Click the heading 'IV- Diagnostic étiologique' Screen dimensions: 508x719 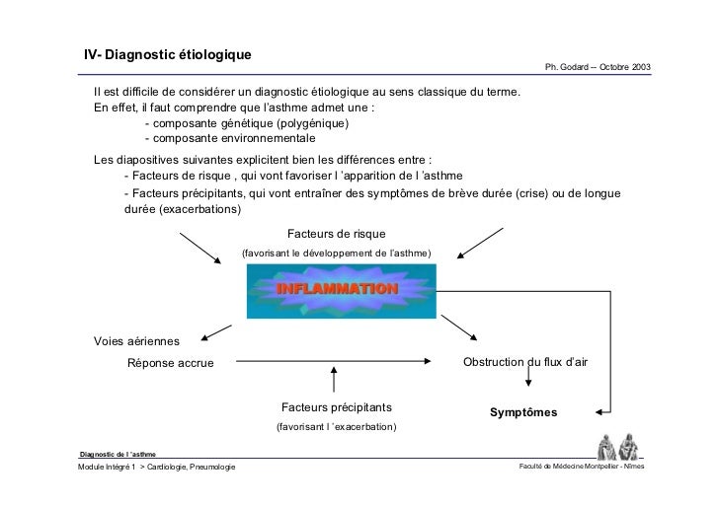click(168, 52)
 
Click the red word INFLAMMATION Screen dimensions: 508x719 click(337, 290)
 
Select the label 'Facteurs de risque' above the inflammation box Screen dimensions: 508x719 click(336, 235)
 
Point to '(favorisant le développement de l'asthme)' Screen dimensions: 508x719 click(336, 254)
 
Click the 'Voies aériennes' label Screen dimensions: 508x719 click(136, 341)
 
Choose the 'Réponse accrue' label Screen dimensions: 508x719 click(170, 363)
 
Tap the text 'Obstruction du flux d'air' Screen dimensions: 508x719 click(524, 362)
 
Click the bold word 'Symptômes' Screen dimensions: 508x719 click(523, 412)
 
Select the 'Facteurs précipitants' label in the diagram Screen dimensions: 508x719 click(336, 407)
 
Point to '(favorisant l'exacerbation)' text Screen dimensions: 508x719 click(336, 427)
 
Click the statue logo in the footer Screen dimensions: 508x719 click(615, 447)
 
